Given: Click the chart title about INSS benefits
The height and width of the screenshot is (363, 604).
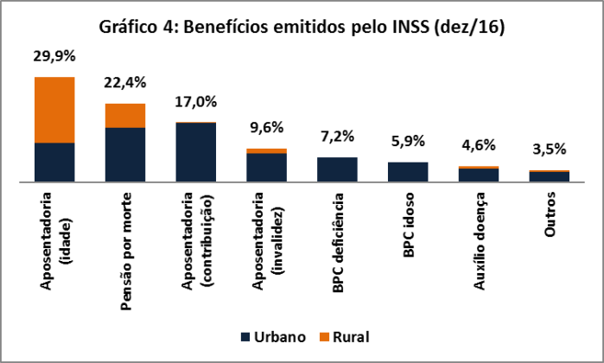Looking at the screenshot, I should pyautogui.click(x=302, y=28).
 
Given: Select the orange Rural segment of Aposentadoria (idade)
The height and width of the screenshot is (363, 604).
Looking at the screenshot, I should pyautogui.click(x=54, y=110).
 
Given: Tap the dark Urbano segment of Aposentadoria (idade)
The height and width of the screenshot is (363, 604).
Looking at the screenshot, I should pyautogui.click(x=54, y=162).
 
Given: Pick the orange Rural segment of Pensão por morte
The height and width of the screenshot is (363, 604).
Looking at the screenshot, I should pyautogui.click(x=124, y=115).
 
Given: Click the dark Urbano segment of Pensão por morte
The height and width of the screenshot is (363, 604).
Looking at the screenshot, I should pyautogui.click(x=124, y=155).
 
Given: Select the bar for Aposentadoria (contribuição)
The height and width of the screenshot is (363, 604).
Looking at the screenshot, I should pyautogui.click(x=195, y=152).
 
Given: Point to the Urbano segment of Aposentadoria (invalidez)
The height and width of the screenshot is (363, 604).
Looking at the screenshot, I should pyautogui.click(x=266, y=168).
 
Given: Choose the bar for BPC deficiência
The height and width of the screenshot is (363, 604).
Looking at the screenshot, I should pyautogui.click(x=336, y=169).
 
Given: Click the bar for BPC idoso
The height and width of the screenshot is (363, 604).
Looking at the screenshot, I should pyautogui.click(x=407, y=172).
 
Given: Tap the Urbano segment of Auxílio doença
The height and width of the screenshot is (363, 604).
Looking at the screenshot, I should pyautogui.click(x=478, y=175).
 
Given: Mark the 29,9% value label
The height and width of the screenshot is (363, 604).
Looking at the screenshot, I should pyautogui.click(x=54, y=57).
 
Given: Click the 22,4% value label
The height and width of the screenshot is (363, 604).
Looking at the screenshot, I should pyautogui.click(x=124, y=83).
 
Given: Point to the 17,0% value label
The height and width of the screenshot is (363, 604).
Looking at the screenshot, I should pyautogui.click(x=195, y=102).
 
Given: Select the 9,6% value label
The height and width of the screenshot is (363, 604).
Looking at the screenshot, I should pyautogui.click(x=266, y=128).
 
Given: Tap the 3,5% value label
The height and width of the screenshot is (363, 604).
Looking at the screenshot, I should pyautogui.click(x=549, y=150).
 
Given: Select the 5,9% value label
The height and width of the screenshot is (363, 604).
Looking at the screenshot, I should pyautogui.click(x=407, y=141).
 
